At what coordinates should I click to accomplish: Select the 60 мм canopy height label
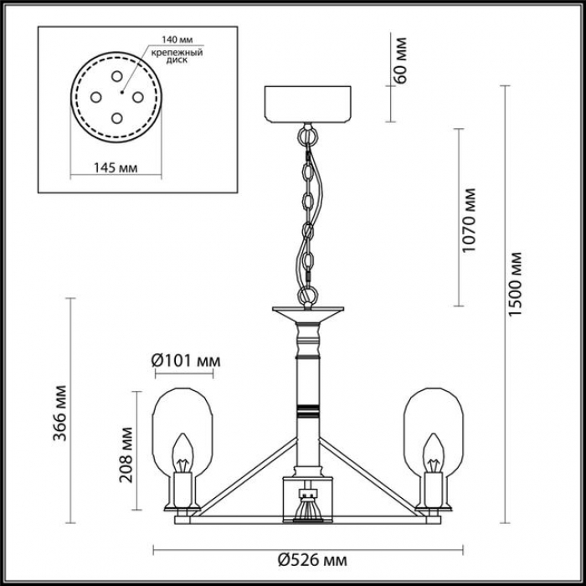[399, 60]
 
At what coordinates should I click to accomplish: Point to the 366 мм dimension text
[59, 413]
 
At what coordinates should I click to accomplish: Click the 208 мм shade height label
[126, 455]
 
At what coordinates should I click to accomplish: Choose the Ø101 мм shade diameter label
[186, 361]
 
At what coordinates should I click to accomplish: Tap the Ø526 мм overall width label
[312, 560]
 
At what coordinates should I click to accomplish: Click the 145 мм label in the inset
[116, 167]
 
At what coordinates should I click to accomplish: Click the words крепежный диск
[177, 56]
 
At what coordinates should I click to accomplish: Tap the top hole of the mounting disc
[117, 76]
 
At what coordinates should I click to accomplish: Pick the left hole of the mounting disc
[96, 98]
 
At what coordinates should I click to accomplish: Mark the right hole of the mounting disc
[138, 98]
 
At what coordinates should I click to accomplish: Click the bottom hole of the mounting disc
[117, 119]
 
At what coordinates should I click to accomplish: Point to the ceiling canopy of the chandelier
[307, 104]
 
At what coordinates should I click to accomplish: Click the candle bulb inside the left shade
[182, 453]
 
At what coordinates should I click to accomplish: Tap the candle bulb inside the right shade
[434, 453]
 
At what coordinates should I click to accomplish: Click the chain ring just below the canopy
[307, 136]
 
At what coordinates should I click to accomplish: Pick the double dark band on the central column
[307, 410]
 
